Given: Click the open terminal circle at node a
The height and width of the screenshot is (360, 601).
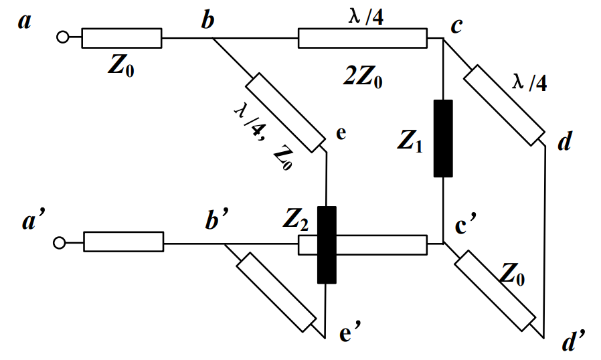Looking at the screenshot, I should [62, 38].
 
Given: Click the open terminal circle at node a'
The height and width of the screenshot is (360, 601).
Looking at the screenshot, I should [60, 242].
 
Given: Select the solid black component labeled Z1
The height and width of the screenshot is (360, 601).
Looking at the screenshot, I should [443, 139].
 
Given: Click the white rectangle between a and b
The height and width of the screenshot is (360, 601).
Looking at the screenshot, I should [122, 38].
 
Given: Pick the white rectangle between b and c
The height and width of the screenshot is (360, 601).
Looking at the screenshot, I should [362, 38].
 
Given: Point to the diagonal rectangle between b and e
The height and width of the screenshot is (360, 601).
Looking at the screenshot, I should [286, 112].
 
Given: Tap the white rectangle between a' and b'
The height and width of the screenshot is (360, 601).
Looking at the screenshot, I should [124, 242].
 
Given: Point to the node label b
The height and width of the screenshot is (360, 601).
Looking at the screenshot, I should [208, 21].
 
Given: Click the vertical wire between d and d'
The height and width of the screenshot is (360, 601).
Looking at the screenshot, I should [546, 241].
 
